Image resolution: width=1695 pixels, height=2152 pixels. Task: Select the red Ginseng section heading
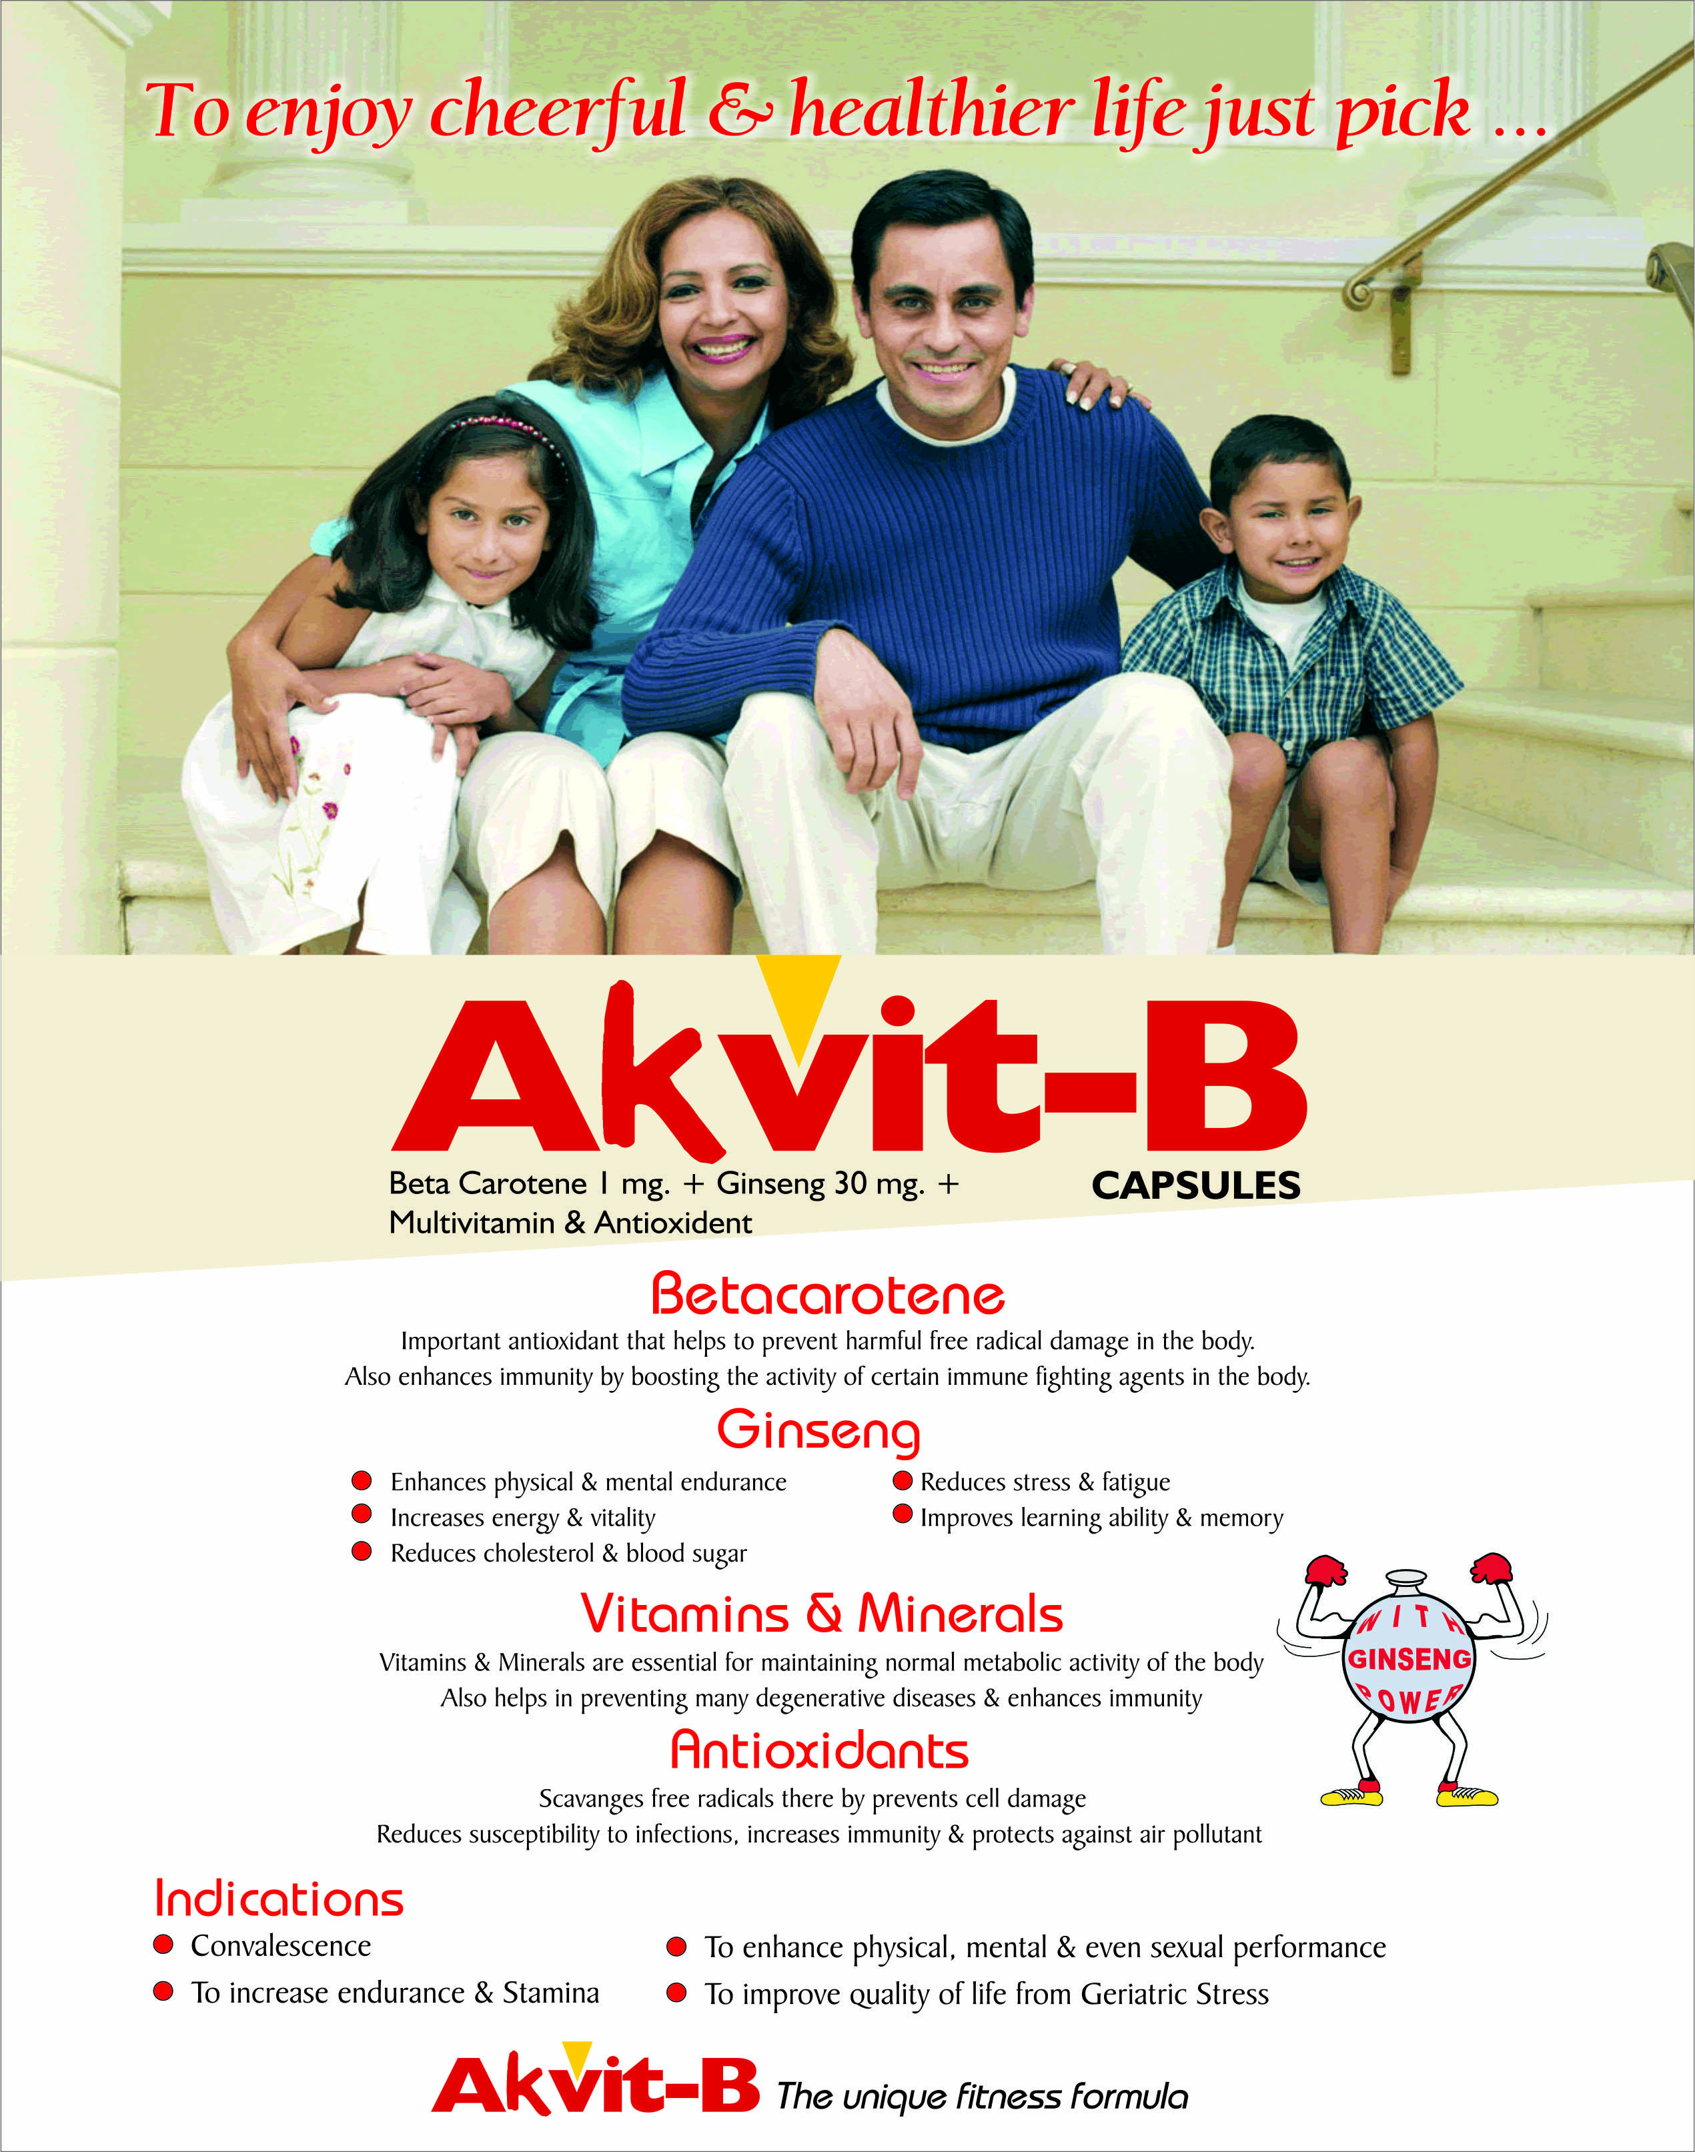click(x=818, y=1431)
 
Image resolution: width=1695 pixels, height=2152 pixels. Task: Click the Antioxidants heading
click(x=818, y=1750)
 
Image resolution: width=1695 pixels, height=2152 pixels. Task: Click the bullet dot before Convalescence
click(x=163, y=1945)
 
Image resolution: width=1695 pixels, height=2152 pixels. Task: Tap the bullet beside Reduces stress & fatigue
click(x=902, y=1480)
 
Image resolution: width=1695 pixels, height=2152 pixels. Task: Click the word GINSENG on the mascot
click(x=1409, y=1660)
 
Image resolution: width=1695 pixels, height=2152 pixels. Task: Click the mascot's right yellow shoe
click(x=1467, y=1796)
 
